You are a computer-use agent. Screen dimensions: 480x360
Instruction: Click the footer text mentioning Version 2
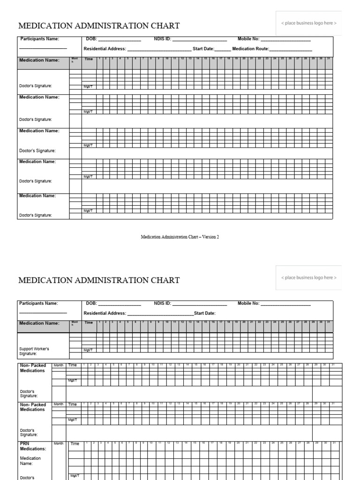[x=180, y=237]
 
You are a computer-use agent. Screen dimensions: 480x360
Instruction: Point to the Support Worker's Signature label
[x=34, y=351]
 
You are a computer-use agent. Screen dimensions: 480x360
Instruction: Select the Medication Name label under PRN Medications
[x=30, y=461]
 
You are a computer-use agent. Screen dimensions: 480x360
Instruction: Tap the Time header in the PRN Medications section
[x=75, y=443]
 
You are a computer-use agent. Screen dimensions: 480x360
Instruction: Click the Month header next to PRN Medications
[x=59, y=443]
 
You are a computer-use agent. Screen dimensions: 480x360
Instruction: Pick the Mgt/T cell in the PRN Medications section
[x=74, y=475]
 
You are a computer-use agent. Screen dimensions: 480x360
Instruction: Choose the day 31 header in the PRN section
[x=334, y=443]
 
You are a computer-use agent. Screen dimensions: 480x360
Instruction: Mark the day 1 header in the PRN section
[x=86, y=443]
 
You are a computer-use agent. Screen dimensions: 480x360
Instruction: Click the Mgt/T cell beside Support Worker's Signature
[x=88, y=350]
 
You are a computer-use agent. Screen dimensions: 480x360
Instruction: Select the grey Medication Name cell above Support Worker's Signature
[x=43, y=323]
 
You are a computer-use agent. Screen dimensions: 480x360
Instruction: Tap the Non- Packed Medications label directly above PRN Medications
[x=33, y=407]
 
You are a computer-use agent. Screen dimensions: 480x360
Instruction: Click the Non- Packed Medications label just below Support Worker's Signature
[x=33, y=368]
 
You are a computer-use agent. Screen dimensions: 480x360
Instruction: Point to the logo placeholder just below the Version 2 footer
[x=308, y=277]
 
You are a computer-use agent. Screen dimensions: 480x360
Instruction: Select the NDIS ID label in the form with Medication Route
[x=162, y=39]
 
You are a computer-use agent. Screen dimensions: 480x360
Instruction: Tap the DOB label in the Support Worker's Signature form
[x=90, y=303]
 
